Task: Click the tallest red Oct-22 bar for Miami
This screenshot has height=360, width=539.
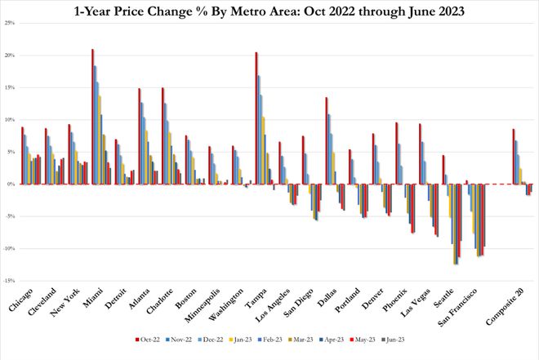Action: point(92,117)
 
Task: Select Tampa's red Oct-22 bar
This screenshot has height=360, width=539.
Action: point(256,118)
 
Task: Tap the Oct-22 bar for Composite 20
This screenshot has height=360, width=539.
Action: point(514,157)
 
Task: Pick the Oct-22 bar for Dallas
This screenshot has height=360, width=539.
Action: point(326,141)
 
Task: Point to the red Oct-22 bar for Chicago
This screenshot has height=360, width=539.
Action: point(22,156)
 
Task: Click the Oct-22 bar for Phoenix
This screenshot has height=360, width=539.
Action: point(396,153)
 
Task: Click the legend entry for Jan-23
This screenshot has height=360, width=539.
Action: point(241,340)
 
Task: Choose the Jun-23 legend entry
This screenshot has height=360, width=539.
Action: point(393,340)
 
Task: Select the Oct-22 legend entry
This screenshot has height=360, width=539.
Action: point(148,340)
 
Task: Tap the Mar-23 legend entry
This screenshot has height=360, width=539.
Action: point(301,340)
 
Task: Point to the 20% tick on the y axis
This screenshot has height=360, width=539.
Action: point(9,56)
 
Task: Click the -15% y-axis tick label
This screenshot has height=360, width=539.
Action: point(8,281)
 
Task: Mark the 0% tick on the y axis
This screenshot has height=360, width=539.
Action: point(11,184)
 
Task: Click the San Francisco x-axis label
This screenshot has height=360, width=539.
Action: point(458,308)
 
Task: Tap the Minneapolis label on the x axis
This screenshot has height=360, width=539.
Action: point(203,306)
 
